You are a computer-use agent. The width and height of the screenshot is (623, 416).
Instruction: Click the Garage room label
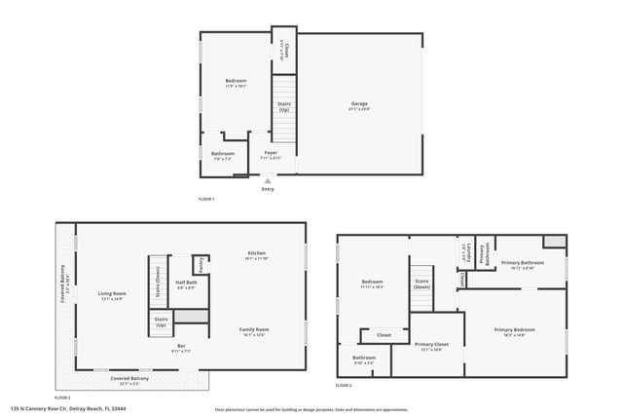(x=359, y=103)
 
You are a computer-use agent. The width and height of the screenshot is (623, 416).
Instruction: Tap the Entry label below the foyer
(x=268, y=189)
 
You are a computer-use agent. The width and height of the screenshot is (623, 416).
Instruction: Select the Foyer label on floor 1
(x=271, y=153)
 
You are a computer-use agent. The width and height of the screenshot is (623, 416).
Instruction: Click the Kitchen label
(x=255, y=253)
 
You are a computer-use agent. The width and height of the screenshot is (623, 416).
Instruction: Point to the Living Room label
(x=112, y=293)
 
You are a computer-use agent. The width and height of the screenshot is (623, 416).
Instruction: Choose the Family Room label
(x=254, y=329)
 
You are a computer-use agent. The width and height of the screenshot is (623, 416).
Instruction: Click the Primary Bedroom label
(x=512, y=331)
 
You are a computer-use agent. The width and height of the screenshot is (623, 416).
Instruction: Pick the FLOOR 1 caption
(x=205, y=199)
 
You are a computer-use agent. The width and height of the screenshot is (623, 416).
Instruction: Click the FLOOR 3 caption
(x=344, y=388)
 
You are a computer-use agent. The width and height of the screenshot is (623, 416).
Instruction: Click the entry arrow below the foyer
(x=268, y=180)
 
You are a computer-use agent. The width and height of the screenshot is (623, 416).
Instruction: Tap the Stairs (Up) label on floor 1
(x=284, y=106)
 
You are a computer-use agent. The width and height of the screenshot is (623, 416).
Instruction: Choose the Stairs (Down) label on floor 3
(x=421, y=284)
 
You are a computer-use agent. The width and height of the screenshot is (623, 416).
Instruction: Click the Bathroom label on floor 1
(x=223, y=154)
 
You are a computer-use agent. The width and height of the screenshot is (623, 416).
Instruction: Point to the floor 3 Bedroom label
(x=373, y=284)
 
